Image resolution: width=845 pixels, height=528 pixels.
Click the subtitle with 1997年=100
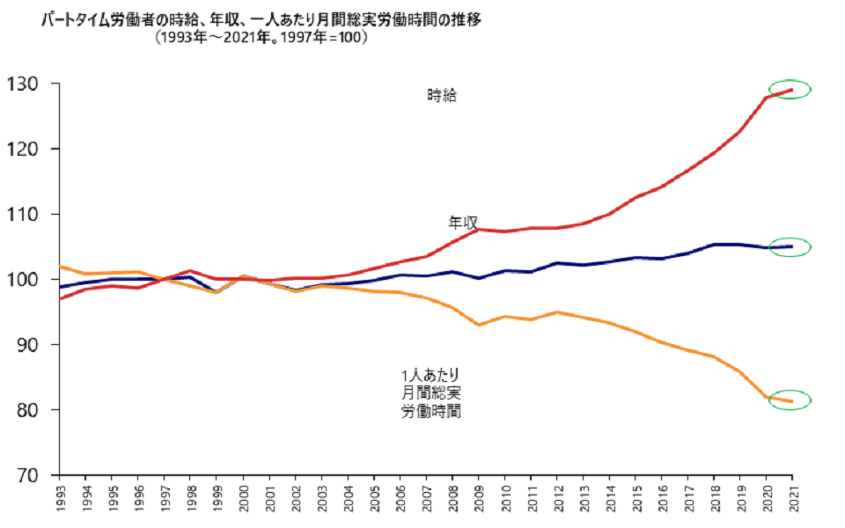click(x=261, y=39)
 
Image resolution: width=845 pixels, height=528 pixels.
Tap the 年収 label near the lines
click(x=463, y=223)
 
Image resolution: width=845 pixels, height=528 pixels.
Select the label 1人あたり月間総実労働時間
click(x=430, y=392)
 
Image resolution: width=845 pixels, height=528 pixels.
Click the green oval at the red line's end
click(x=790, y=89)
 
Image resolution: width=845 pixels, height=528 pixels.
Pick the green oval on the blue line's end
click(x=790, y=247)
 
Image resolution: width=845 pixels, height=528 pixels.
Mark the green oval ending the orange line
click(x=790, y=400)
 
